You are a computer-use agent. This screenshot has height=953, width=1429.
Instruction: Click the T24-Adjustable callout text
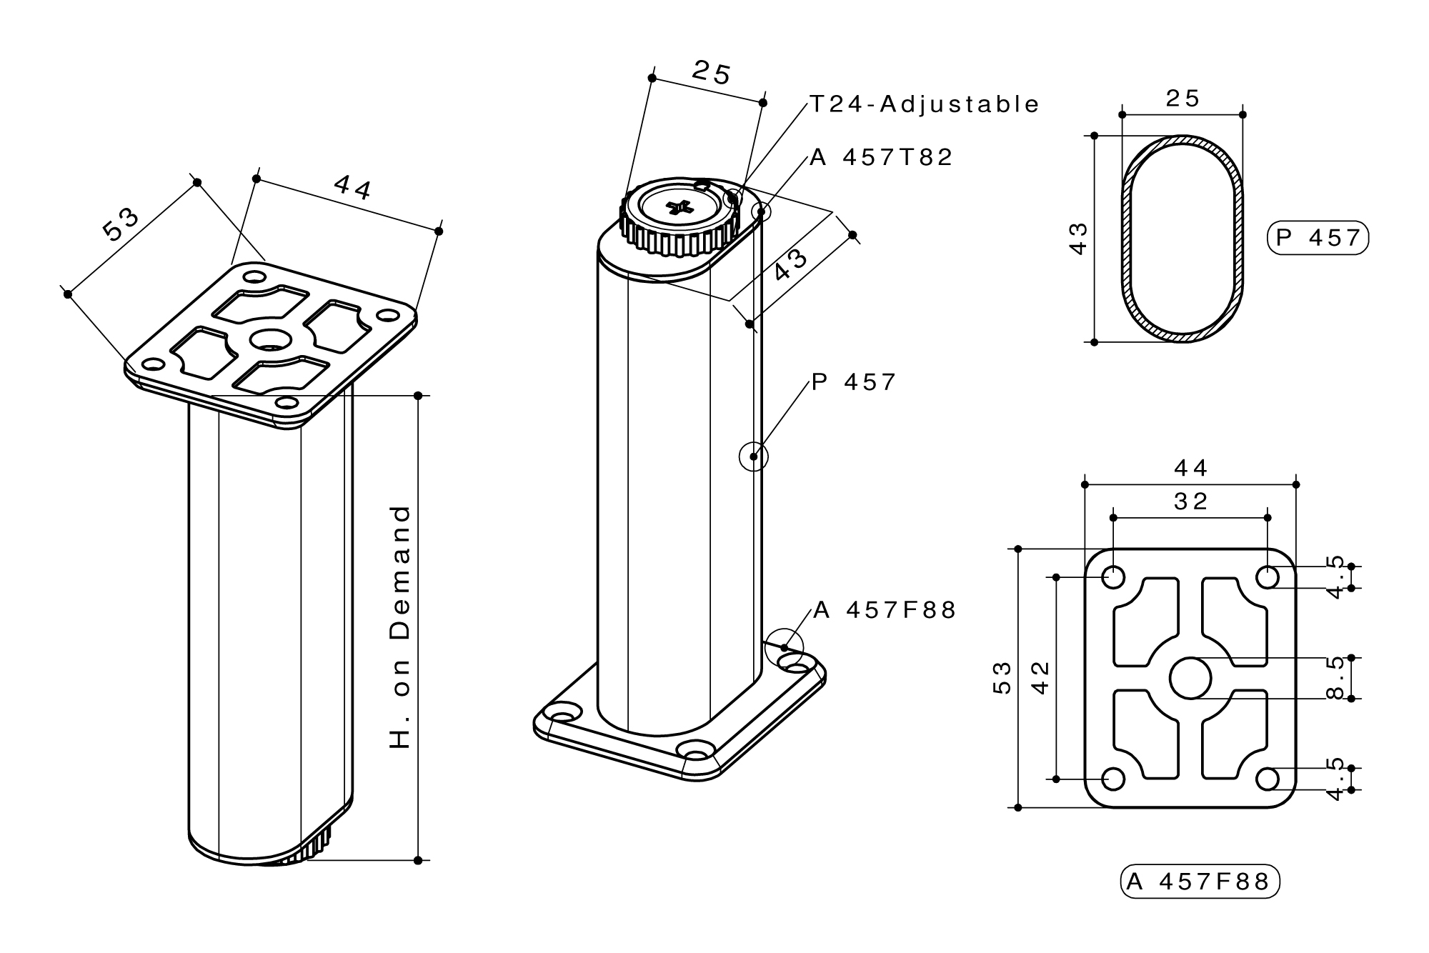[924, 104]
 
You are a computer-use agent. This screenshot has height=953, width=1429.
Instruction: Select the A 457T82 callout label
[882, 157]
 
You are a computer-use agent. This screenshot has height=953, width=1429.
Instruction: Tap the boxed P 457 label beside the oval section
[1318, 238]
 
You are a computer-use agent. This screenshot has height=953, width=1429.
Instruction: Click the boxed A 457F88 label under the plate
[1199, 882]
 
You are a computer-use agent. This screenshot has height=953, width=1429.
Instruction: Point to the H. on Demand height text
[401, 627]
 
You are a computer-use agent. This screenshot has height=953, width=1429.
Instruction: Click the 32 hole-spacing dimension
[1191, 502]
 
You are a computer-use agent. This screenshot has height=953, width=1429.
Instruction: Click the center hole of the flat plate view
[1190, 677]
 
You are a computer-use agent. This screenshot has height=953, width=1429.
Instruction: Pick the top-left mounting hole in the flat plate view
[1113, 577]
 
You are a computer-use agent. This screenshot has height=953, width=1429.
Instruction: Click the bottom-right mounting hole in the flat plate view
[1268, 779]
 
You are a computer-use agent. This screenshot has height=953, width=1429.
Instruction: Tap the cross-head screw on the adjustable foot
[679, 208]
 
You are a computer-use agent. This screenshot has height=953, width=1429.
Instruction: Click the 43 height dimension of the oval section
[1078, 238]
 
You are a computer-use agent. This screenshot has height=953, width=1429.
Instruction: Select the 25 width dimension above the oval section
[1182, 99]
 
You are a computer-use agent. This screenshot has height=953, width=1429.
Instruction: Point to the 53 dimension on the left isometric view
[121, 224]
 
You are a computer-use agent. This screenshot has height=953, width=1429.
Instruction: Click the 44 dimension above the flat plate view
[1191, 468]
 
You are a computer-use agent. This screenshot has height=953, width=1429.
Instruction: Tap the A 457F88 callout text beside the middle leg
[885, 610]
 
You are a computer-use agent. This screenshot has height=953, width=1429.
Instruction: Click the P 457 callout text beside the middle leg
[853, 382]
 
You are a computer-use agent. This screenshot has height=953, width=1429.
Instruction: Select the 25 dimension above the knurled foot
[712, 73]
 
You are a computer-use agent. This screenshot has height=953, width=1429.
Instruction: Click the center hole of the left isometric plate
[269, 339]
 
